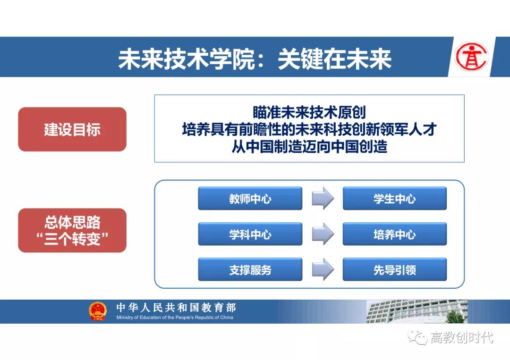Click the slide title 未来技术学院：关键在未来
click(255, 59)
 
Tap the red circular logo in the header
click(472, 57)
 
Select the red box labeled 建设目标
click(72, 129)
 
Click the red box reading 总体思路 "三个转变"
click(72, 230)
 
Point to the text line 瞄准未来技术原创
click(309, 112)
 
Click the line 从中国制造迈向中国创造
click(309, 147)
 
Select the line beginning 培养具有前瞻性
click(309, 129)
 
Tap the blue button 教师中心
click(250, 198)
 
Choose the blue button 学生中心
click(394, 198)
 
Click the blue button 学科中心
click(250, 234)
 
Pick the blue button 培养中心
click(394, 234)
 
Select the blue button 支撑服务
click(250, 269)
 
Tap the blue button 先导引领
click(394, 269)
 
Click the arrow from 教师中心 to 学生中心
click(323, 198)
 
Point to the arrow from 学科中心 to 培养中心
click(323, 234)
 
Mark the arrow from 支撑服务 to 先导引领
click(323, 269)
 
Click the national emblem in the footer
click(98, 311)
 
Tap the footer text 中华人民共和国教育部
click(176, 307)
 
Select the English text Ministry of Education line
click(175, 318)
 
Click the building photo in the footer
click(417, 311)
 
